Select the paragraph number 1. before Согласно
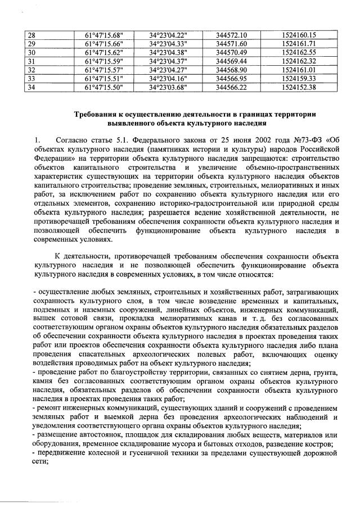(37, 140)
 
